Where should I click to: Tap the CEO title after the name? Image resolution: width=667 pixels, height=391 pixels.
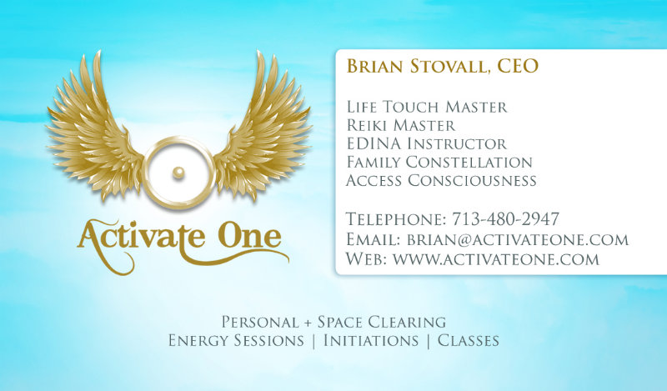518,66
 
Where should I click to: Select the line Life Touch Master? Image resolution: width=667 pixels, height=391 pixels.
427,107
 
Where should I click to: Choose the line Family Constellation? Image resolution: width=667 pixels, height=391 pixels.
439,162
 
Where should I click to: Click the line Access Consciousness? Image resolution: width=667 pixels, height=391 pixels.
441,180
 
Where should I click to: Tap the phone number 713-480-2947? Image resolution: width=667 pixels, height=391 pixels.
505,219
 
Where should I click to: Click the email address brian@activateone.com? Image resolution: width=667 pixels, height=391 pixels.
518,239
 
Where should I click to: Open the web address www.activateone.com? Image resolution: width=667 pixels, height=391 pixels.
496,258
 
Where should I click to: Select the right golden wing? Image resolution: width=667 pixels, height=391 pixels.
263,127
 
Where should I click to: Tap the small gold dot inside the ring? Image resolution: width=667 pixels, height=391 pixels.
178,173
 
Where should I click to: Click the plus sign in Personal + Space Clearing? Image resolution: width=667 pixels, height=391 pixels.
308,323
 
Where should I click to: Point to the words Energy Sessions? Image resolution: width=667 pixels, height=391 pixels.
236,341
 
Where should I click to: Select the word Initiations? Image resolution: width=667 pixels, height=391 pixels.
371,341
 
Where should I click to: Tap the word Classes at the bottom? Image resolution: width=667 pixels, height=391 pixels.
469,341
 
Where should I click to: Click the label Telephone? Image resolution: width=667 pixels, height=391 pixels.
396,219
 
